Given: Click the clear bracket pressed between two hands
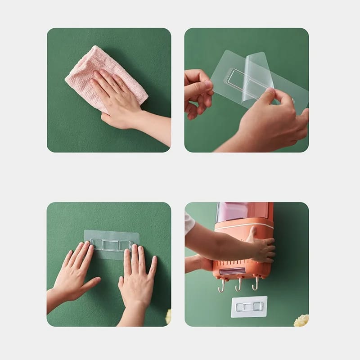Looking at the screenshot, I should coord(111,245).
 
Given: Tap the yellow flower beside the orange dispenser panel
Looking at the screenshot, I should coord(301,320).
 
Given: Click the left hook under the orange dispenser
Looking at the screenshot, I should coord(222,286).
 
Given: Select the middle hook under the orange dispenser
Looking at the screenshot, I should coord(238,285).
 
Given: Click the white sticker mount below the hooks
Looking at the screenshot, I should coord(249,306).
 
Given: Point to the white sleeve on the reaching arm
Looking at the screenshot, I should coord(189,223).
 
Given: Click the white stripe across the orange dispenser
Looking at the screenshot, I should coord(243,225).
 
